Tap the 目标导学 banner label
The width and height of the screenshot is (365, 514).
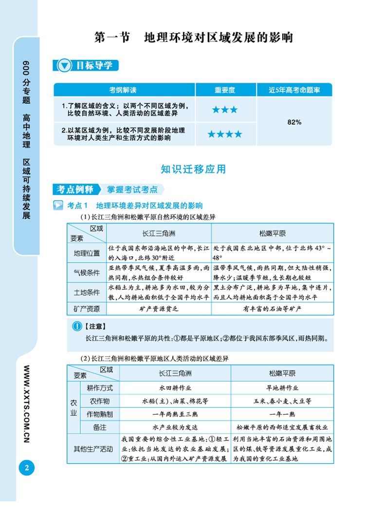coord(92,66)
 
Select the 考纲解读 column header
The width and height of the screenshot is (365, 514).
coord(124,90)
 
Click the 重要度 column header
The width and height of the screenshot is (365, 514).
coord(225,90)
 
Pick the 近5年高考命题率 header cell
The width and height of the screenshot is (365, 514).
coord(294,90)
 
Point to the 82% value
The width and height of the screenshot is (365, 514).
coord(294,122)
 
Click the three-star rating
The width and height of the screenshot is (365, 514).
coord(225,110)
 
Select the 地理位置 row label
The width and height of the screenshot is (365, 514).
coord(87,253)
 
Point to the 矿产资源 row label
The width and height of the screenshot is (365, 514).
coord(87,308)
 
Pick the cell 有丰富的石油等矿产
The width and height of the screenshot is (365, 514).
coord(272,308)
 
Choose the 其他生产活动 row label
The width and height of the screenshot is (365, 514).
coord(93,448)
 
